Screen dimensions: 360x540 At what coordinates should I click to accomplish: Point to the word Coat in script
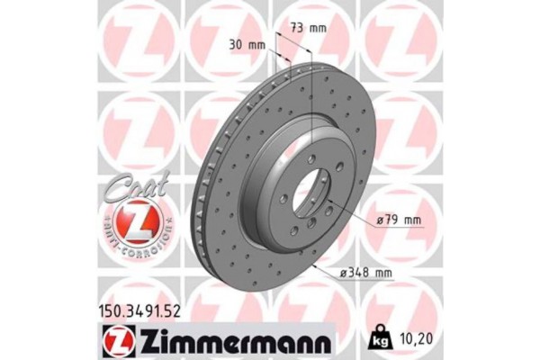click(136, 186)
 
